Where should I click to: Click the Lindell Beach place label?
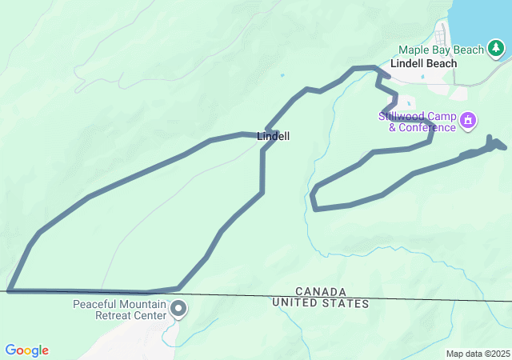(423, 63)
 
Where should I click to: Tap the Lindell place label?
(274, 137)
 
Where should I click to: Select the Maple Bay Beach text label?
(442, 50)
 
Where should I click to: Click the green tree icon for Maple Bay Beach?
(497, 50)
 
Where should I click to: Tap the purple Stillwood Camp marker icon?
(468, 122)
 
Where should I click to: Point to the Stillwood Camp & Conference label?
(417, 122)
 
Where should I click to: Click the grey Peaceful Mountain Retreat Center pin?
(178, 308)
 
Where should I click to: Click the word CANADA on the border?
(320, 291)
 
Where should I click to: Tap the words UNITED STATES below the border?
(320, 303)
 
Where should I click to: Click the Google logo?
(26, 350)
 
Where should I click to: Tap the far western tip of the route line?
(10, 290)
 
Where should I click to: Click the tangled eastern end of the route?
(492, 145)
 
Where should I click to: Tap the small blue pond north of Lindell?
(282, 76)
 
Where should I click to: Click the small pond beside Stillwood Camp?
(410, 103)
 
